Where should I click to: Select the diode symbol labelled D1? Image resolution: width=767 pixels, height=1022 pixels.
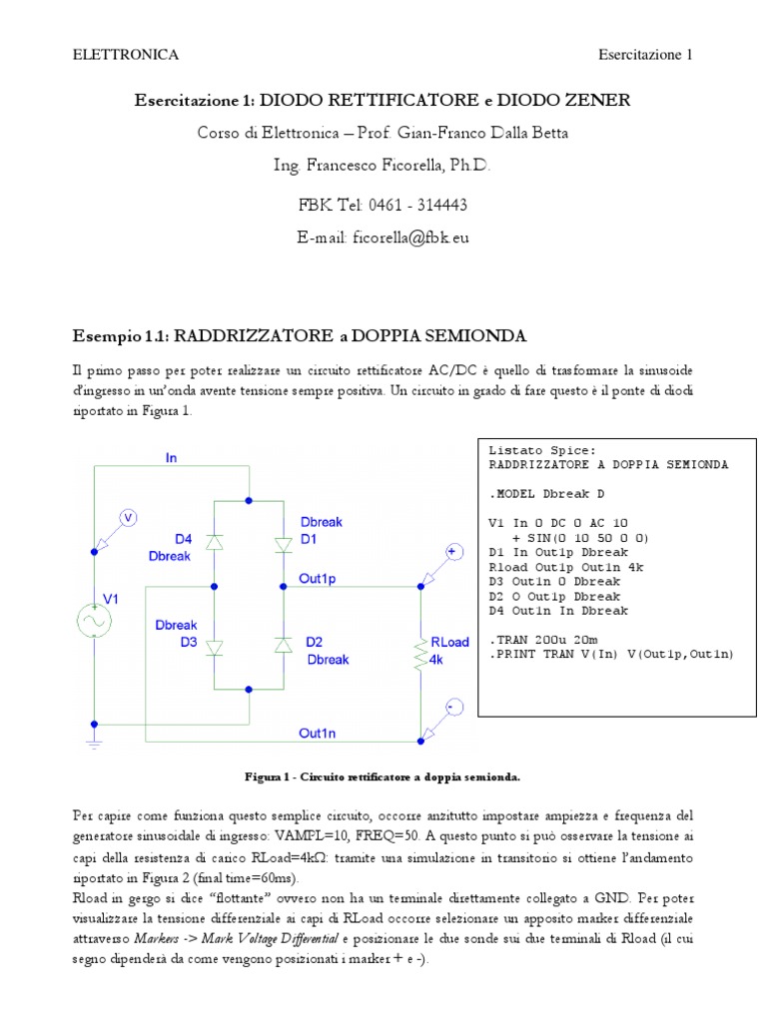pyautogui.click(x=283, y=541)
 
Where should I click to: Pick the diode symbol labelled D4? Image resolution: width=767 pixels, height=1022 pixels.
pyautogui.click(x=214, y=541)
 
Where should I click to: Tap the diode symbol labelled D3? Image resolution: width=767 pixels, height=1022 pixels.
pyautogui.click(x=214, y=648)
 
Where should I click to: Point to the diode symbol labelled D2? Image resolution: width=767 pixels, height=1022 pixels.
pyautogui.click(x=283, y=648)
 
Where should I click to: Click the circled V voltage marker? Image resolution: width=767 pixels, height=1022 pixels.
pyautogui.click(x=127, y=516)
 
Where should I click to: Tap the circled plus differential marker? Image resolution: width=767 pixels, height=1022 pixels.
pyautogui.click(x=451, y=552)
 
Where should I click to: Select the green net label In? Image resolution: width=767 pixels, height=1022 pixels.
pyautogui.click(x=172, y=457)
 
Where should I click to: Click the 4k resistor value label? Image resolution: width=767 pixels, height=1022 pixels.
pyautogui.click(x=435, y=660)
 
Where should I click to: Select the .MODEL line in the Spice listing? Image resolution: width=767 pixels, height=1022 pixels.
pyautogui.click(x=546, y=494)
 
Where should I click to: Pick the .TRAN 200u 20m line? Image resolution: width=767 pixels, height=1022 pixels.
pyautogui.click(x=543, y=639)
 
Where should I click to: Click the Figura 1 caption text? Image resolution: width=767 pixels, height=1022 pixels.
pyautogui.click(x=383, y=775)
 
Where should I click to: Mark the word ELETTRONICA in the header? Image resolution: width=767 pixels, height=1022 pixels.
pyautogui.click(x=126, y=54)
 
